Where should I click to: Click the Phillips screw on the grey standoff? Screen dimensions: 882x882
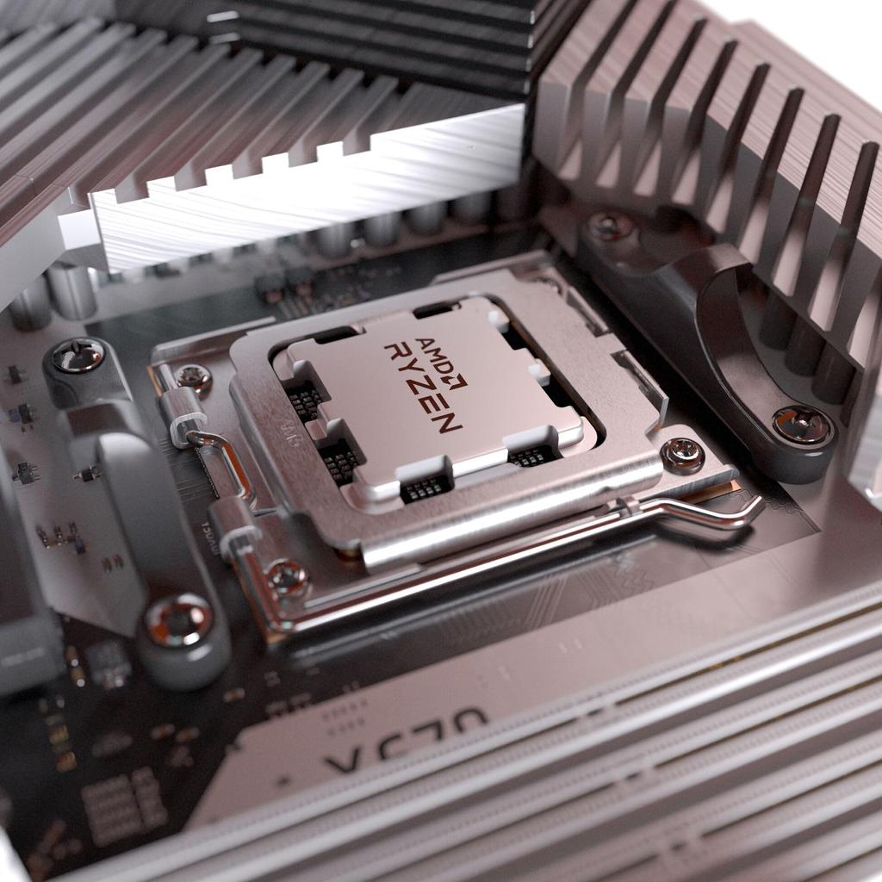78,356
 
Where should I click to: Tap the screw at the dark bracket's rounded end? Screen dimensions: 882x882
801,424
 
